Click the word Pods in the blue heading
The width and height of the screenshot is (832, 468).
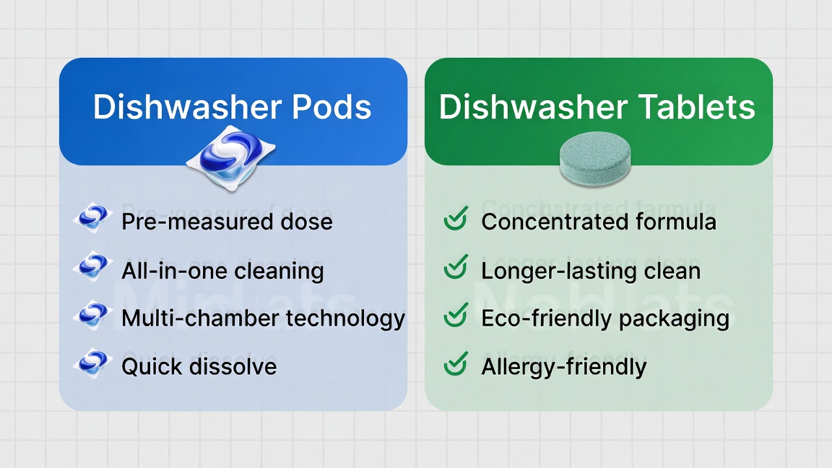(331, 107)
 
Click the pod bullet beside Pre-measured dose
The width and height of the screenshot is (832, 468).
(93, 218)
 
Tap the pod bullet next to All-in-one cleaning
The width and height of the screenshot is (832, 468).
(93, 267)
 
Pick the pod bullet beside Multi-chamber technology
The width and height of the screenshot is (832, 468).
(93, 316)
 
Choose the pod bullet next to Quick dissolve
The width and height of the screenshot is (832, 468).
(93, 364)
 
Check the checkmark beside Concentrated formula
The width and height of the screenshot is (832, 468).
(456, 219)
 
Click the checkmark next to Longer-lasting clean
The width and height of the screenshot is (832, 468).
(456, 267)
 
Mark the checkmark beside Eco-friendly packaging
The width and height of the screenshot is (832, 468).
(456, 316)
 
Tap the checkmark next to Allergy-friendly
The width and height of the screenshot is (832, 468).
(456, 364)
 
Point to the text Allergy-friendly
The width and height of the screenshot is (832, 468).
(564, 367)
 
